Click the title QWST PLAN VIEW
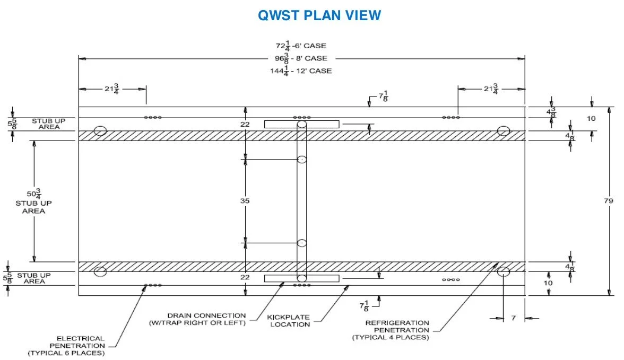pos(319,15)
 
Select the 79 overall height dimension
pos(609,201)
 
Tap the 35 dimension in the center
pos(245,201)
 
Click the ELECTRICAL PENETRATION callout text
pos(81,346)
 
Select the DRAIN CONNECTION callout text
pos(206,319)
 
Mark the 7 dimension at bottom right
pos(513,318)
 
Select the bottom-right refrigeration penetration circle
pos(503,272)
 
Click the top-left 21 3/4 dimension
pos(111,89)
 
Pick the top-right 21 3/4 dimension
pos(491,89)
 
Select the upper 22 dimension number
pos(245,124)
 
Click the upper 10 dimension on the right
pos(591,118)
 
